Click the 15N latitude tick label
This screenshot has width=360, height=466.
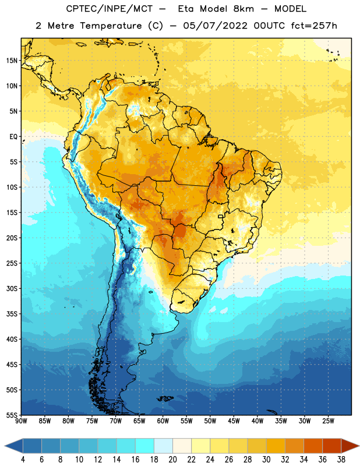[12, 61]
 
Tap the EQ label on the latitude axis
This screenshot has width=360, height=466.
[13, 137]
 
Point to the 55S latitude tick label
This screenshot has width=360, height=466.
[12, 415]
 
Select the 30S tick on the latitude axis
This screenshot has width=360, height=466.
[12, 288]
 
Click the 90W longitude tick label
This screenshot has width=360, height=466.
[21, 421]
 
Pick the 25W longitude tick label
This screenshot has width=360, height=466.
[328, 421]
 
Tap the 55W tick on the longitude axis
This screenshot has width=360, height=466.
[186, 421]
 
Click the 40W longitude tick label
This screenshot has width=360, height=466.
[257, 421]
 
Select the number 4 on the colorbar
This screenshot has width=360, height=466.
[23, 460]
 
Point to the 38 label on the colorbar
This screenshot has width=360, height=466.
[341, 460]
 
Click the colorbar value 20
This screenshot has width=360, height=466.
[172, 460]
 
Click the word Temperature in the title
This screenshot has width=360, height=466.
[111, 26]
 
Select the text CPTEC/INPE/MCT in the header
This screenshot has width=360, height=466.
[109, 9]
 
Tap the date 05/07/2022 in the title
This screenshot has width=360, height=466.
[215, 26]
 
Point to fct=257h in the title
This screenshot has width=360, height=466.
[314, 26]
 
